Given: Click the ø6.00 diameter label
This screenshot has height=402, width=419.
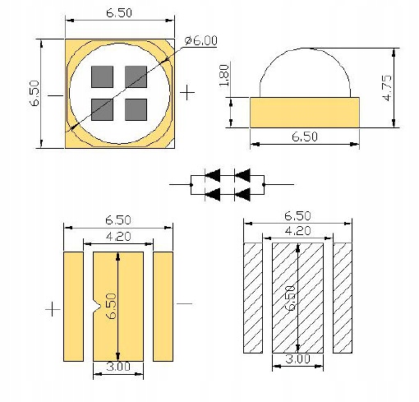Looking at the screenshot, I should point(202,39).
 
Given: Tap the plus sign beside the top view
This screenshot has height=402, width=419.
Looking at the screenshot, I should point(188,93).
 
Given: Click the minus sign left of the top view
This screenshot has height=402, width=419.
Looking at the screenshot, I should point(53,95).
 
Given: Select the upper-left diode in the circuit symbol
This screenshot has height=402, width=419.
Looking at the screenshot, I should point(212,175).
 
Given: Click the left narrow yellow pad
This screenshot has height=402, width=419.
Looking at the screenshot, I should point(74,306).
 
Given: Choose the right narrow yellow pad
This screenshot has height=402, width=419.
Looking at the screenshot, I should point(164,306).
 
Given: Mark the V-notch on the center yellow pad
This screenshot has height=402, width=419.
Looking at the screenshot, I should point(98,308).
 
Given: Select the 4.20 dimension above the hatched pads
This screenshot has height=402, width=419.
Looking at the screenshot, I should point(297,232).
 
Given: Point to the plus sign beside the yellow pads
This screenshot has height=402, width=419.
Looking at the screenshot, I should point(52,309).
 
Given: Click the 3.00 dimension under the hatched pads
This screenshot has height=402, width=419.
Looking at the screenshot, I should point(297,359).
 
